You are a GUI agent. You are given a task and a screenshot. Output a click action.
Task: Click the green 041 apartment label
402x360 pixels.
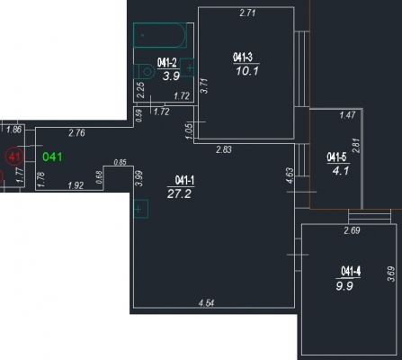pos(52,157)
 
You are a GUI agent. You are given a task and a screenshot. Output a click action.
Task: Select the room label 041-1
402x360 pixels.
pos(184,181)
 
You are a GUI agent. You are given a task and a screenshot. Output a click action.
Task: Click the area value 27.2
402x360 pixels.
pos(179,193)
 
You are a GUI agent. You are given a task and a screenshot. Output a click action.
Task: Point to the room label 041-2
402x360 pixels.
pos(167,63)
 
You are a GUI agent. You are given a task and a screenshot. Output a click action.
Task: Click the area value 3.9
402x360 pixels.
pos(171,76)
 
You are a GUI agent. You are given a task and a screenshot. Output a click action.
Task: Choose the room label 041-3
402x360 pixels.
pos(243,57)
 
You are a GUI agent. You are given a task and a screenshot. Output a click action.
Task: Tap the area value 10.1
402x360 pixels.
pos(247,71)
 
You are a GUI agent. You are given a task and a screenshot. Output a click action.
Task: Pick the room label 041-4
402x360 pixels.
pos(351,271)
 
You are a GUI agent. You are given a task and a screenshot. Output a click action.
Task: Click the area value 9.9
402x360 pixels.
pos(344,286)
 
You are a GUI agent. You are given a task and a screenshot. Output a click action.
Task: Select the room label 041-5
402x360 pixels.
pos(336,157)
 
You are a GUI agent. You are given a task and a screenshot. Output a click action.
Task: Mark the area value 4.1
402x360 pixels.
pos(341,171)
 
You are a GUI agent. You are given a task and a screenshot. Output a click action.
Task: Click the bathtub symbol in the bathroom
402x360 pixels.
pos(160,35)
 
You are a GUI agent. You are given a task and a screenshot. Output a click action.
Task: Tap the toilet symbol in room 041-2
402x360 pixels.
pos(144,71)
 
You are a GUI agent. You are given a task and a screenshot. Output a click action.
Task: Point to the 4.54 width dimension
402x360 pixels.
pos(207,303)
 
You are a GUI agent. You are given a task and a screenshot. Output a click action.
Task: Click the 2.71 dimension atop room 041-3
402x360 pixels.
pos(247,13)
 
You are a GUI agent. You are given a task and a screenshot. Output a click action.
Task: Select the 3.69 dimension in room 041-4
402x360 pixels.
pos(391,274)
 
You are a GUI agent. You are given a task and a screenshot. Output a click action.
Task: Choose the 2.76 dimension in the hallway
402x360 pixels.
pos(76,132)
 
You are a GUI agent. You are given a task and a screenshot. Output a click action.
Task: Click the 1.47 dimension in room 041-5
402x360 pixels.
pos(347,115)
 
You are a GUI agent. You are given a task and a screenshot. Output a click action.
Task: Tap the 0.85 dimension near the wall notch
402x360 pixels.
pos(121,162)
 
